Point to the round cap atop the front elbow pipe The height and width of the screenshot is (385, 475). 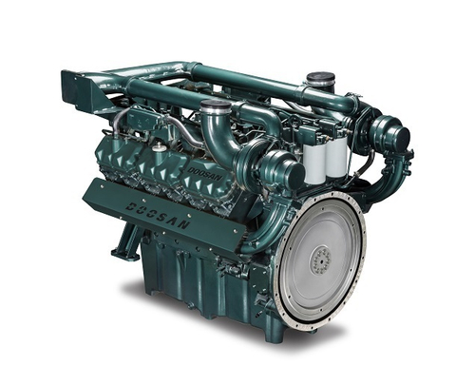(x=216, y=106)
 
